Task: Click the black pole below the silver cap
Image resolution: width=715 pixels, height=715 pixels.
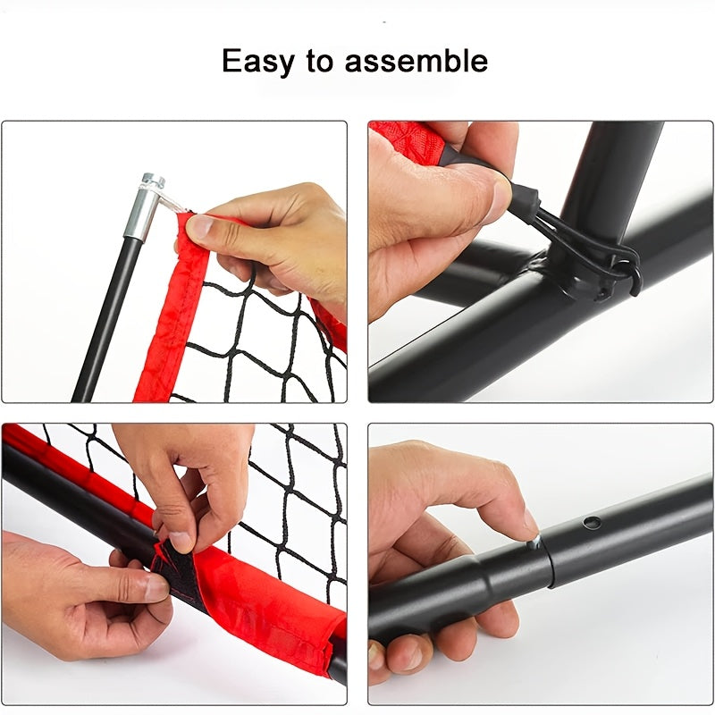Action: pos(105,313)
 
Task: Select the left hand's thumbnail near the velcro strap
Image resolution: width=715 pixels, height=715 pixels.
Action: pos(154,587)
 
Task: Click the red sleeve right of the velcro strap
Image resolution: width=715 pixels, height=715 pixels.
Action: pos(268,617)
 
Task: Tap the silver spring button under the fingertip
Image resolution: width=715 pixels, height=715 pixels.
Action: pos(534,543)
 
